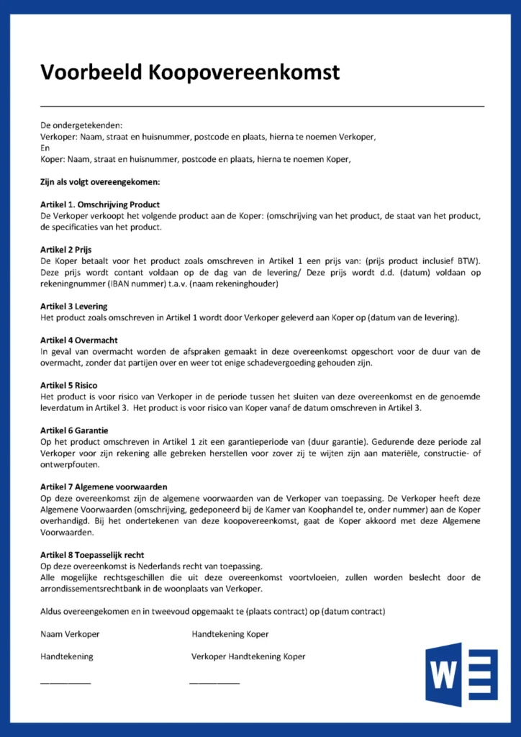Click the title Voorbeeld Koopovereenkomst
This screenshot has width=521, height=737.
[190, 72]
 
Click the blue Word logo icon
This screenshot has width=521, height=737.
[461, 674]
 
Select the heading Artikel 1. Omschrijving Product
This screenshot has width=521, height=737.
[100, 204]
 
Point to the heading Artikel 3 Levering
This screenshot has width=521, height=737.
[75, 307]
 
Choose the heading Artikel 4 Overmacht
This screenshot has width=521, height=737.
[79, 340]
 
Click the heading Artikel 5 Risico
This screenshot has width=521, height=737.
[71, 386]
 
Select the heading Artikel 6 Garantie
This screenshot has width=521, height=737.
[75, 430]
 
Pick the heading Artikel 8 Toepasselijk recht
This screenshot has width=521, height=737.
[92, 555]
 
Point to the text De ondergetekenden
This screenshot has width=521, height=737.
[81, 125]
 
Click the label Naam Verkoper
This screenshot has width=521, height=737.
[70, 634]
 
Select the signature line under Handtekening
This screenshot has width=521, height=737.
[65, 682]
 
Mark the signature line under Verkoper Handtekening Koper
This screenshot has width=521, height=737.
[214, 682]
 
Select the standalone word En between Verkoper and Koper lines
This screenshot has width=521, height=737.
[45, 148]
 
